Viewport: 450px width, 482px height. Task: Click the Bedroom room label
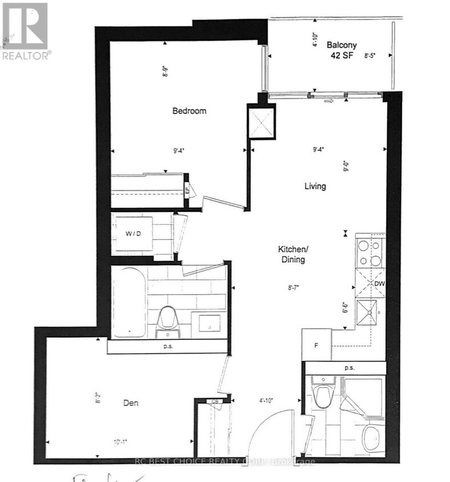pyautogui.click(x=189, y=111)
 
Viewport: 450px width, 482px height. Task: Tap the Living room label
pyautogui.click(x=315, y=186)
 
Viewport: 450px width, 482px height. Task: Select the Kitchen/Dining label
pyautogui.click(x=291, y=254)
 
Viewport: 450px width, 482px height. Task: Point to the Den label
pyautogui.click(x=132, y=403)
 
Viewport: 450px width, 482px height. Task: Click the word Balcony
pyautogui.click(x=342, y=45)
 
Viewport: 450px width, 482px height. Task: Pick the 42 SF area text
pyautogui.click(x=342, y=56)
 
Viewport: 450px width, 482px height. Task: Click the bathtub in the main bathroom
pyautogui.click(x=129, y=302)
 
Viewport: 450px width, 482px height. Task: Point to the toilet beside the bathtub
pyautogui.click(x=167, y=319)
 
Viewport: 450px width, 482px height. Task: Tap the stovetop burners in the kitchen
pyautogui.click(x=369, y=254)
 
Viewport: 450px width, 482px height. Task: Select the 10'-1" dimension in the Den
pyautogui.click(x=120, y=441)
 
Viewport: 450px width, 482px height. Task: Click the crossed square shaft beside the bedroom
pyautogui.click(x=262, y=121)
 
